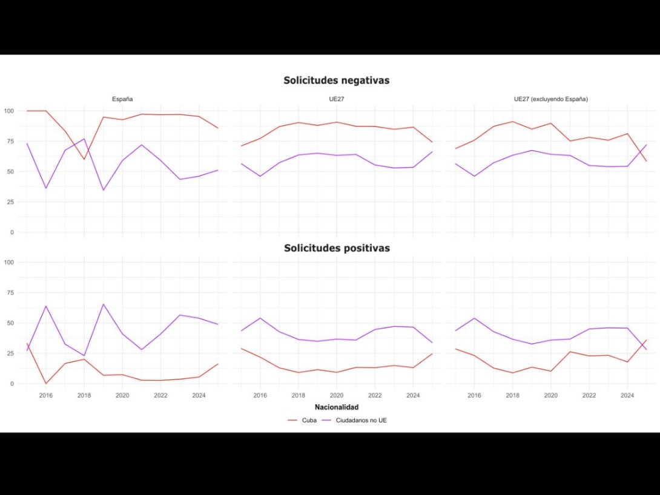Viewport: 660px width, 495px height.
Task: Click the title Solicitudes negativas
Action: (x=336, y=80)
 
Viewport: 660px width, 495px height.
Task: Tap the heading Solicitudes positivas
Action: (x=336, y=248)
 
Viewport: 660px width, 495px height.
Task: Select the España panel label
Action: (x=122, y=99)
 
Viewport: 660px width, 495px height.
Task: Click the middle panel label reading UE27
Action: (x=337, y=99)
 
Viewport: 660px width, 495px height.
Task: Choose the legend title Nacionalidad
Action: (x=336, y=407)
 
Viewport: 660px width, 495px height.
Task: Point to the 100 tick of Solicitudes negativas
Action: (x=8, y=111)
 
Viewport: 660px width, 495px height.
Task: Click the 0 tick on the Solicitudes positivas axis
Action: (x=12, y=384)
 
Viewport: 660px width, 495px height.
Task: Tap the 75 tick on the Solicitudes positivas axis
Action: (x=10, y=292)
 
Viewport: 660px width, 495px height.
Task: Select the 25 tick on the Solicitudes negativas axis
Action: (x=10, y=202)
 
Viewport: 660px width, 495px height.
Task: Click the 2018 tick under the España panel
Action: (x=84, y=396)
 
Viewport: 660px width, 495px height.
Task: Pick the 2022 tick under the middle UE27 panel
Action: (x=375, y=396)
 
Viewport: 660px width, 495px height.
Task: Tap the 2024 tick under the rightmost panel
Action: (x=627, y=396)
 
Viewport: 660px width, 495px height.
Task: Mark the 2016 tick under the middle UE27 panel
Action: (x=260, y=396)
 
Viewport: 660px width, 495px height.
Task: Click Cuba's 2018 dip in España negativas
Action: (x=84, y=159)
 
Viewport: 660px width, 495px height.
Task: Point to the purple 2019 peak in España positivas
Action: (x=104, y=304)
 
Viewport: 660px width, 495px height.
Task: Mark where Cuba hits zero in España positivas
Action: (x=46, y=383)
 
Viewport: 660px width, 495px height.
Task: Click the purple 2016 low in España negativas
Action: (x=46, y=188)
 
